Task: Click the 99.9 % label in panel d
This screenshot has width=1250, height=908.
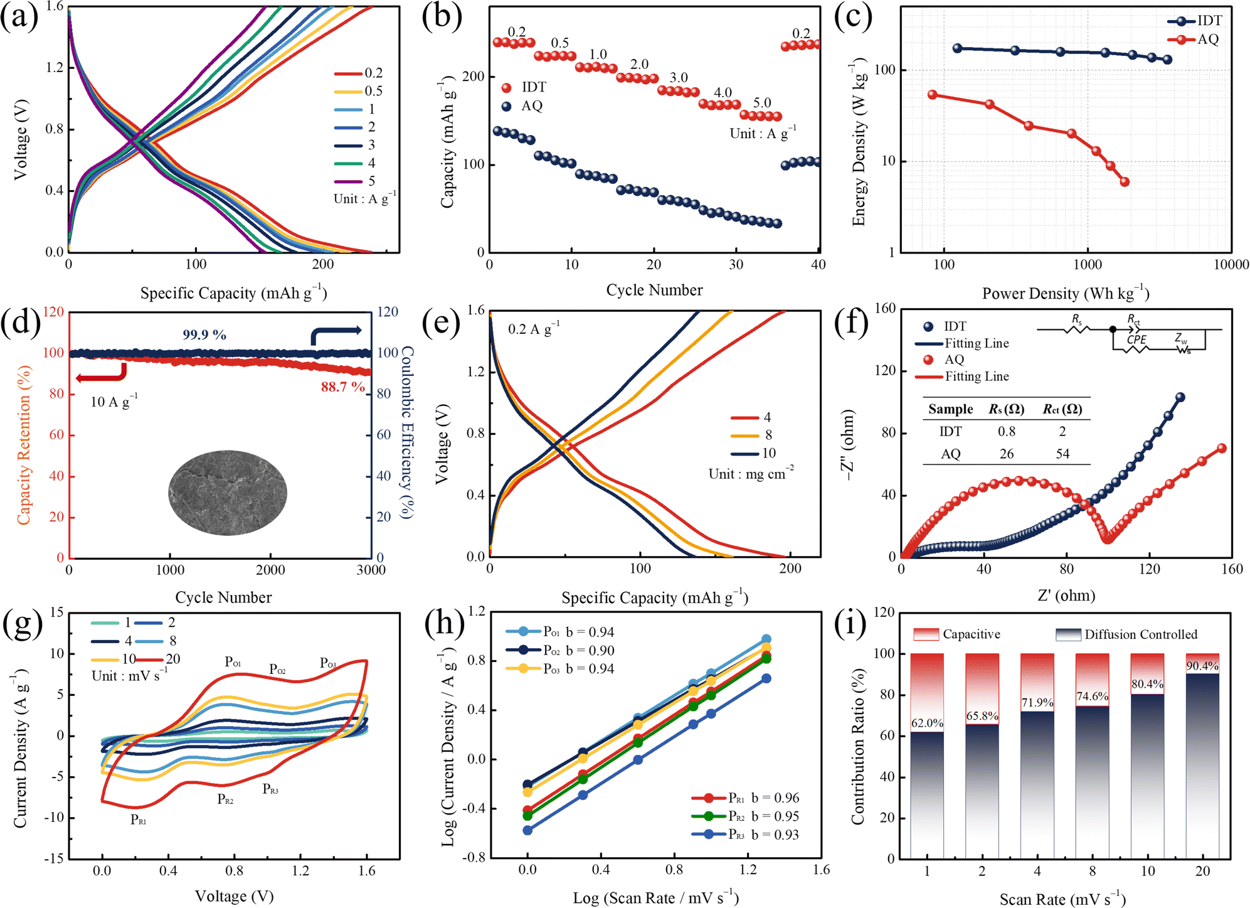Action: click(204, 335)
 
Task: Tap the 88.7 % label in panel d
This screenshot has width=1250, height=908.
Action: click(343, 387)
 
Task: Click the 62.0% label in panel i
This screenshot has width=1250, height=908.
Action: click(927, 724)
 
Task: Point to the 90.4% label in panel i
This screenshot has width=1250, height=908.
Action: click(1202, 666)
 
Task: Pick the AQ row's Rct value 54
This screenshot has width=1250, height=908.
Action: click(1062, 454)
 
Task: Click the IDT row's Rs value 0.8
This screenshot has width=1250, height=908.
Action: click(1007, 432)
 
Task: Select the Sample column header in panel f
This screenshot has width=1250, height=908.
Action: click(951, 409)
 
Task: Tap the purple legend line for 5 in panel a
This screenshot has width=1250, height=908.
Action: click(348, 181)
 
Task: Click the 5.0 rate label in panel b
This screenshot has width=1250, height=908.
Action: click(762, 103)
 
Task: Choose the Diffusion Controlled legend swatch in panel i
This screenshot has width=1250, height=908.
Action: click(1068, 634)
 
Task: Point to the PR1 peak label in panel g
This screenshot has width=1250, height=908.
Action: click(139, 820)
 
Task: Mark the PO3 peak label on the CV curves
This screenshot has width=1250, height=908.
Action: click(328, 663)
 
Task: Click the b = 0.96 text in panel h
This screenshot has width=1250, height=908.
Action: click(775, 798)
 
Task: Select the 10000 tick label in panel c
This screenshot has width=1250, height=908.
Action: click(1231, 265)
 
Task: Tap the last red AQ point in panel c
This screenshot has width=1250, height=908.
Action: click(1125, 182)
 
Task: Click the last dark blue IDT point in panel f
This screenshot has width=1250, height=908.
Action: click(1180, 397)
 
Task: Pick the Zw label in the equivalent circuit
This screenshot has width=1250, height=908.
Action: click(1181, 339)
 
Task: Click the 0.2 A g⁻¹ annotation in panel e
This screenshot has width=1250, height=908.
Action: click(534, 328)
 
